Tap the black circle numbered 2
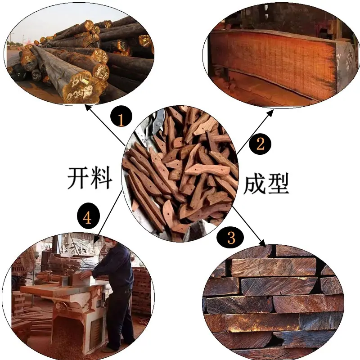point(261,144)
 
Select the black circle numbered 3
point(230,238)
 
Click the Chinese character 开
point(78,178)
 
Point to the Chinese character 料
point(101,178)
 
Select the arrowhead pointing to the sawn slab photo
point(270,113)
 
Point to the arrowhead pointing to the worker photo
point(96,239)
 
